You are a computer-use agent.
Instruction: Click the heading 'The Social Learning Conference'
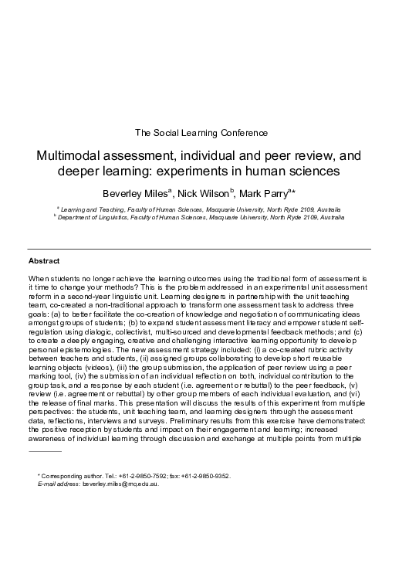[x=203, y=131]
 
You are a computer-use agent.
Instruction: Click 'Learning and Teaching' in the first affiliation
[x=86, y=209]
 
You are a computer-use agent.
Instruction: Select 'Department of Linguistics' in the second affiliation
[x=90, y=218]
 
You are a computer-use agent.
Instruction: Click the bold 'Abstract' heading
[x=44, y=261]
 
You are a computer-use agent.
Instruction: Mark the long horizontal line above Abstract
[x=200, y=249]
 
